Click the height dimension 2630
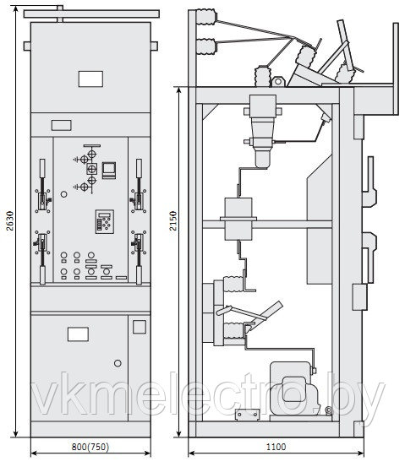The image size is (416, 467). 10,220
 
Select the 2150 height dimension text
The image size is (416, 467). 173,220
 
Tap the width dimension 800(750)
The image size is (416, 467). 90,447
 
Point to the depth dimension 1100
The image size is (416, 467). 276,447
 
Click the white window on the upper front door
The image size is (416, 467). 90,79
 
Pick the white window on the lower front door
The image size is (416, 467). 78,334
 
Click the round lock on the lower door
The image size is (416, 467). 118,363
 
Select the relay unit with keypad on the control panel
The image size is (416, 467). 105,221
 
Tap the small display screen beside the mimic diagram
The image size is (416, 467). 109,170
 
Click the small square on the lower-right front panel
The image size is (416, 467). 140,327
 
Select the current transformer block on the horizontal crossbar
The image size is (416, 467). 238,220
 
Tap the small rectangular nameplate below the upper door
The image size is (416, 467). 62,125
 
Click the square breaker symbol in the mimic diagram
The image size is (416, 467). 92,169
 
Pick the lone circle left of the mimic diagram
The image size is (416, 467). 63,194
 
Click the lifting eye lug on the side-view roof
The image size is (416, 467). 278,81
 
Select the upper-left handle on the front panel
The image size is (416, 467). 42,186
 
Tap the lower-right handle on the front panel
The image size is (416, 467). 139,258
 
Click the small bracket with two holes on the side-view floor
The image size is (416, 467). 247,415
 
